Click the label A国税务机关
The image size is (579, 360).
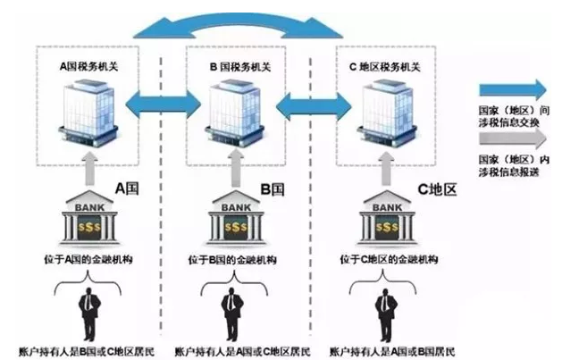tap(92, 65)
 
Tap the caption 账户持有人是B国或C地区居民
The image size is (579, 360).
tap(82, 349)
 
